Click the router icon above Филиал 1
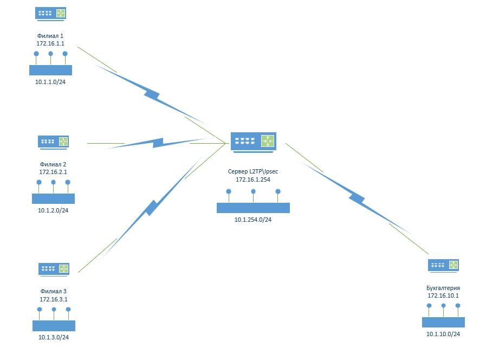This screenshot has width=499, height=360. tap(50, 14)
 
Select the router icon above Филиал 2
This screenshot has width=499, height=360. tap(53, 142)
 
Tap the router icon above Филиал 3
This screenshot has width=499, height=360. tap(54, 269)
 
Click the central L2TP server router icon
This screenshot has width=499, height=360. tap(254, 143)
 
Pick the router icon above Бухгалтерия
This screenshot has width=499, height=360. tap(443, 266)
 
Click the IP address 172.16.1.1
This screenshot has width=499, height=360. tap(50, 43)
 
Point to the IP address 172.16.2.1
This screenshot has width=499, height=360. tap(53, 172)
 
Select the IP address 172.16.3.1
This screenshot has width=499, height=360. tap(54, 299)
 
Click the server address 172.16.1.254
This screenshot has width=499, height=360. tap(253, 179)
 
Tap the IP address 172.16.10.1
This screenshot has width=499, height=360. tap(443, 295)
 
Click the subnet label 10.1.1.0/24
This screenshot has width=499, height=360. tap(50, 82)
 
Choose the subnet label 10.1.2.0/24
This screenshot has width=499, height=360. tap(53, 210)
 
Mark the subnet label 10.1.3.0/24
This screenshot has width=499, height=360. tap(54, 337)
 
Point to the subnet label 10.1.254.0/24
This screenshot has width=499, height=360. tap(253, 220)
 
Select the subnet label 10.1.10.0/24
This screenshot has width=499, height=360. tap(443, 334)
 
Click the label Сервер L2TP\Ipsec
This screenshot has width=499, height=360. tap(253, 171)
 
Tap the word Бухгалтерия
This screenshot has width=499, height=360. tap(443, 288)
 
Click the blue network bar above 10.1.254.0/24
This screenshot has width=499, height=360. tap(254, 208)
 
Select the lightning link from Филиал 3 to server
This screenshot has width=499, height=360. tap(151, 208)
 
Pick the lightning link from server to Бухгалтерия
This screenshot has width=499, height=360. tap(356, 198)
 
